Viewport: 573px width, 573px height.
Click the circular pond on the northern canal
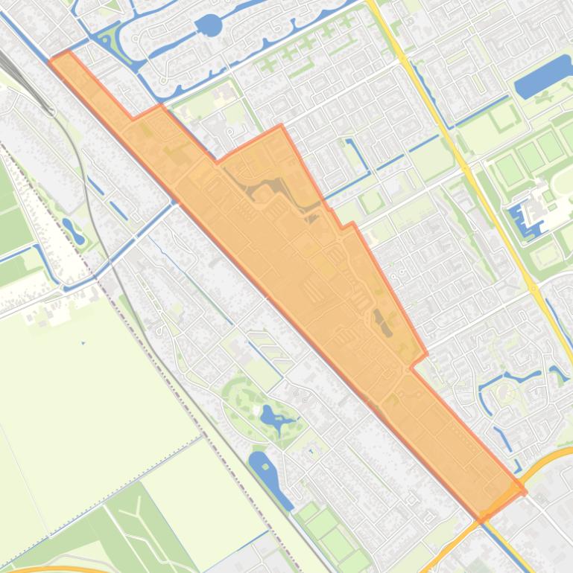coord(209,26)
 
